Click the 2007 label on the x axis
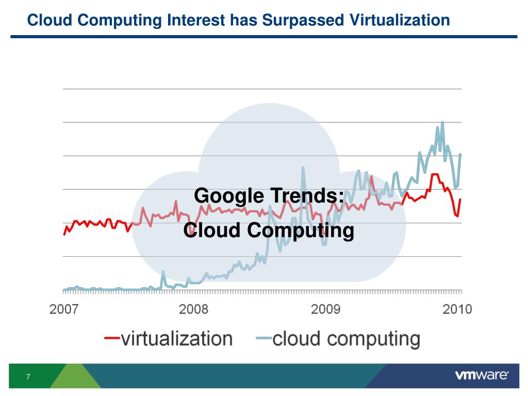pos(64,309)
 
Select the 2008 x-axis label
pos(193,309)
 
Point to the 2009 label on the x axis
pos(325,309)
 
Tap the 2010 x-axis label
pos(457,309)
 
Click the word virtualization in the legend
pos(177,339)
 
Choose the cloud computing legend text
pos(346,339)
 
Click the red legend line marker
pos(112,339)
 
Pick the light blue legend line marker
pos(263,339)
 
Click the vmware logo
pos(482,375)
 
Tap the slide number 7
pos(28,377)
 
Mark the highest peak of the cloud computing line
pos(442,123)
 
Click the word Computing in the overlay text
pos(300,230)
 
